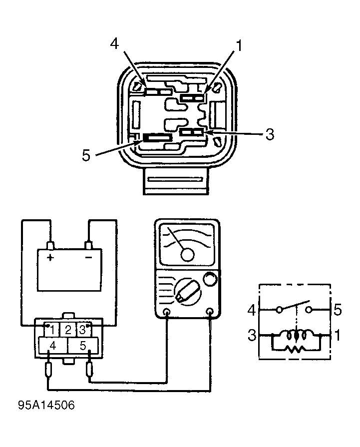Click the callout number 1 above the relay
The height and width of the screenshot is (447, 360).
[239, 46]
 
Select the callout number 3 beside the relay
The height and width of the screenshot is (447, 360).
[270, 134]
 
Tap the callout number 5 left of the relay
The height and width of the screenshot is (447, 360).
[86, 155]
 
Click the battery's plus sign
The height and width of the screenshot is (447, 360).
[50, 257]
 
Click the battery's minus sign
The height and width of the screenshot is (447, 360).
[88, 257]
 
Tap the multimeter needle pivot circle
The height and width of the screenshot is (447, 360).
[187, 254]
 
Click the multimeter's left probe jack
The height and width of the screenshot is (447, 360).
[167, 313]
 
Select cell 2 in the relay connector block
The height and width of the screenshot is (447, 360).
[68, 329]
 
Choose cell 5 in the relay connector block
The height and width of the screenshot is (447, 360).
[82, 345]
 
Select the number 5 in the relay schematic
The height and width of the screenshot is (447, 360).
[338, 310]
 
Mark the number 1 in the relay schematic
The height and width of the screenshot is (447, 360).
[338, 335]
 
